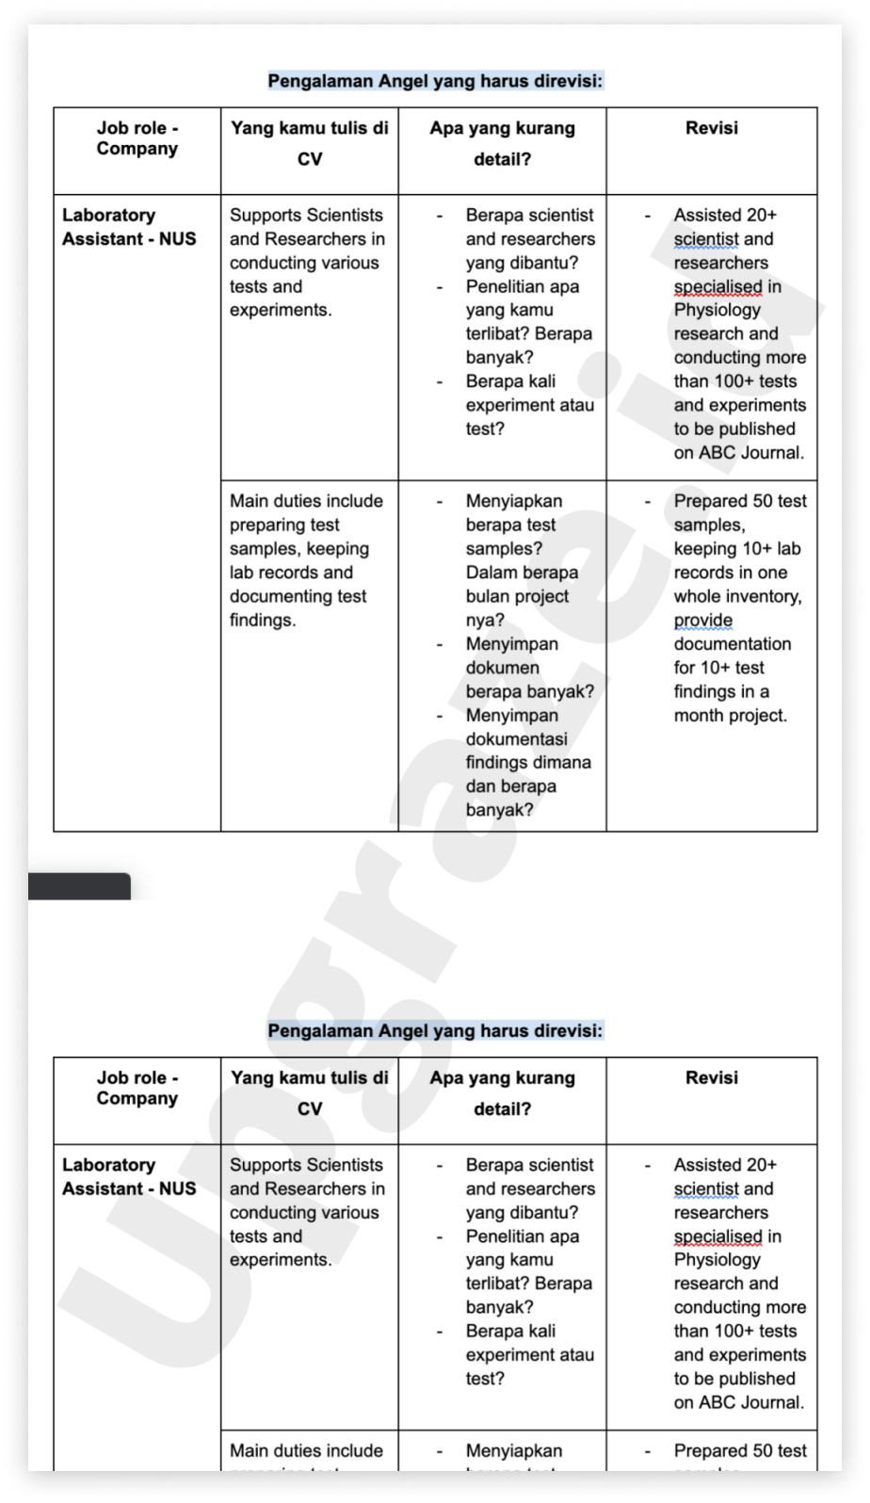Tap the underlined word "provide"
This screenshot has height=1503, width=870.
point(702,620)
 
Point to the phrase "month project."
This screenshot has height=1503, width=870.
point(730,715)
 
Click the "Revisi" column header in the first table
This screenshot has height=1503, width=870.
point(712,128)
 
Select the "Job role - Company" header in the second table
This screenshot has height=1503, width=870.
point(137,1088)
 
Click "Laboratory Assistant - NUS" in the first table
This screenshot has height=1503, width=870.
point(129,227)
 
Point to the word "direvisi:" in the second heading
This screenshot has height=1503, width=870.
point(562,1030)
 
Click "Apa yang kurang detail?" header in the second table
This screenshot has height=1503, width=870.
point(502,1093)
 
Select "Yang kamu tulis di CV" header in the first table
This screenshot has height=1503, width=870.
point(310,143)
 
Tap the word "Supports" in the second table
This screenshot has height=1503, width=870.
point(266,1165)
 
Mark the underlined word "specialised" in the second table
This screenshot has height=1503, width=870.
point(717,1236)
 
